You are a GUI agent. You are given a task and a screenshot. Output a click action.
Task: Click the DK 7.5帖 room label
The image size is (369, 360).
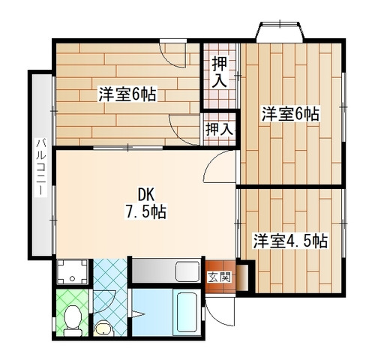pos(145,205)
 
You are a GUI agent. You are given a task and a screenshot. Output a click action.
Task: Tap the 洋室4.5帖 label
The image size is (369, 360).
pos(290,241)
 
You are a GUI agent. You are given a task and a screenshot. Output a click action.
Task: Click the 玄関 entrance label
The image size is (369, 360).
pos(220,277)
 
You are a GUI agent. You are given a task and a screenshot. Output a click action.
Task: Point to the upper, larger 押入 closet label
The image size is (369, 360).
pos(220,73)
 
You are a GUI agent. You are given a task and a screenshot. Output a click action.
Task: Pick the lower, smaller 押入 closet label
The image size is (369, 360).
pos(219,129)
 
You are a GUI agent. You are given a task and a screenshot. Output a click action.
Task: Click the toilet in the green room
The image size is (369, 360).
pos(73,320)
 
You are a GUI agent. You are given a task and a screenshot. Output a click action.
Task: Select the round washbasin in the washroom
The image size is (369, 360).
pos(103,328)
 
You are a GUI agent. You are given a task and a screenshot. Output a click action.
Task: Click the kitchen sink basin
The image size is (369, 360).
pos(187,271)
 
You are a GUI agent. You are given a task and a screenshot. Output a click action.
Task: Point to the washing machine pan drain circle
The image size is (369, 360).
pos(73,278)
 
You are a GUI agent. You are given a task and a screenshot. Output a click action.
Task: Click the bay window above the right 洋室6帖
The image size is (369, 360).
pos(280,31)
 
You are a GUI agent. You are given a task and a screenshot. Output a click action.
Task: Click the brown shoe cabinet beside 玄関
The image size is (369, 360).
pos(242,277)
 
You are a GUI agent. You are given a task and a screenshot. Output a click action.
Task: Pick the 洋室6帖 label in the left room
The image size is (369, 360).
pos(127,94)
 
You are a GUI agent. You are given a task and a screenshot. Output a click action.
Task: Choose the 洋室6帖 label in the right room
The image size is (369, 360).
pos(290,114)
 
